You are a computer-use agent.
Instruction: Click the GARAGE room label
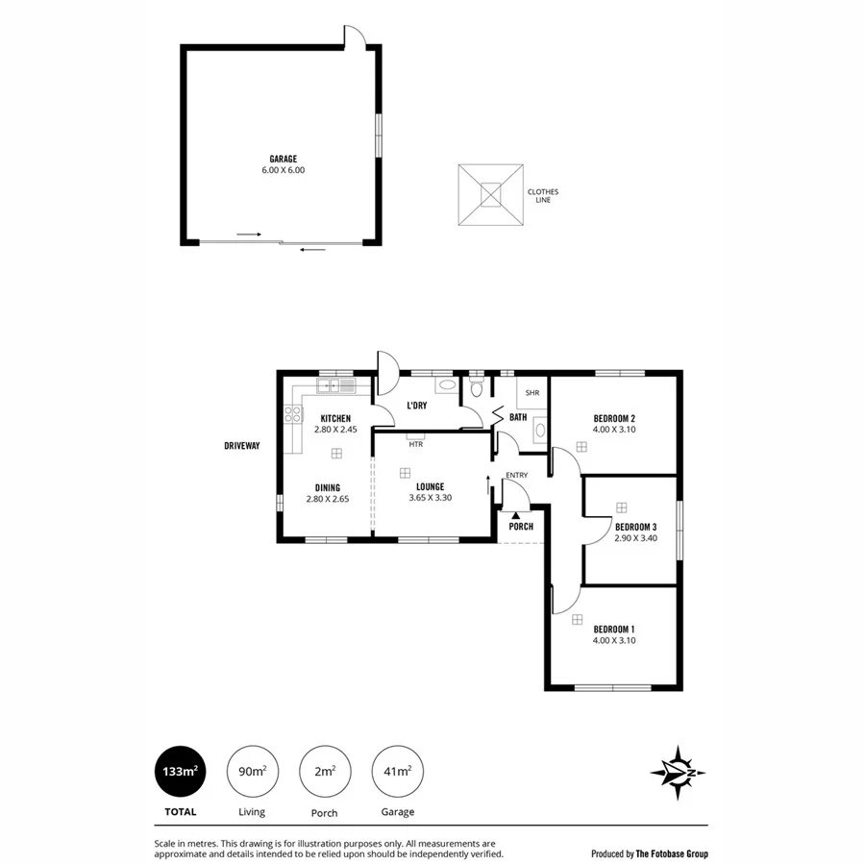tap(283, 159)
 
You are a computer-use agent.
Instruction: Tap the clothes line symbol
tap(491, 196)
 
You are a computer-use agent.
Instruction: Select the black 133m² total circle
tap(180, 772)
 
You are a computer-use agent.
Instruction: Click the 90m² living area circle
tap(252, 772)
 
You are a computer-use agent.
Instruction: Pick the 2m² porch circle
tap(325, 772)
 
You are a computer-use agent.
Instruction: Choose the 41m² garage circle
tap(397, 772)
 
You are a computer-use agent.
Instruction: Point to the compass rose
tap(679, 773)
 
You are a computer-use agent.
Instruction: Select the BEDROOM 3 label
tap(635, 527)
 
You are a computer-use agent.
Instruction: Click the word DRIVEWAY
tap(242, 446)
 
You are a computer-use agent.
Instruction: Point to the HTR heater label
tap(415, 444)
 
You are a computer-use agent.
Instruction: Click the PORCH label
tap(520, 527)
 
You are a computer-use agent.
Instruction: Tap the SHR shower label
tap(532, 392)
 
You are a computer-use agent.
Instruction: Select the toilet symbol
tap(476, 389)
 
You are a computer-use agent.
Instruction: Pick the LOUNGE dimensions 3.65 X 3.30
tap(430, 498)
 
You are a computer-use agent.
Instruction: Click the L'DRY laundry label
tap(416, 406)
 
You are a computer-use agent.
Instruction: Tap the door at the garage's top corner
tap(355, 36)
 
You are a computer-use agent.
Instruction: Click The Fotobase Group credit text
tap(649, 853)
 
